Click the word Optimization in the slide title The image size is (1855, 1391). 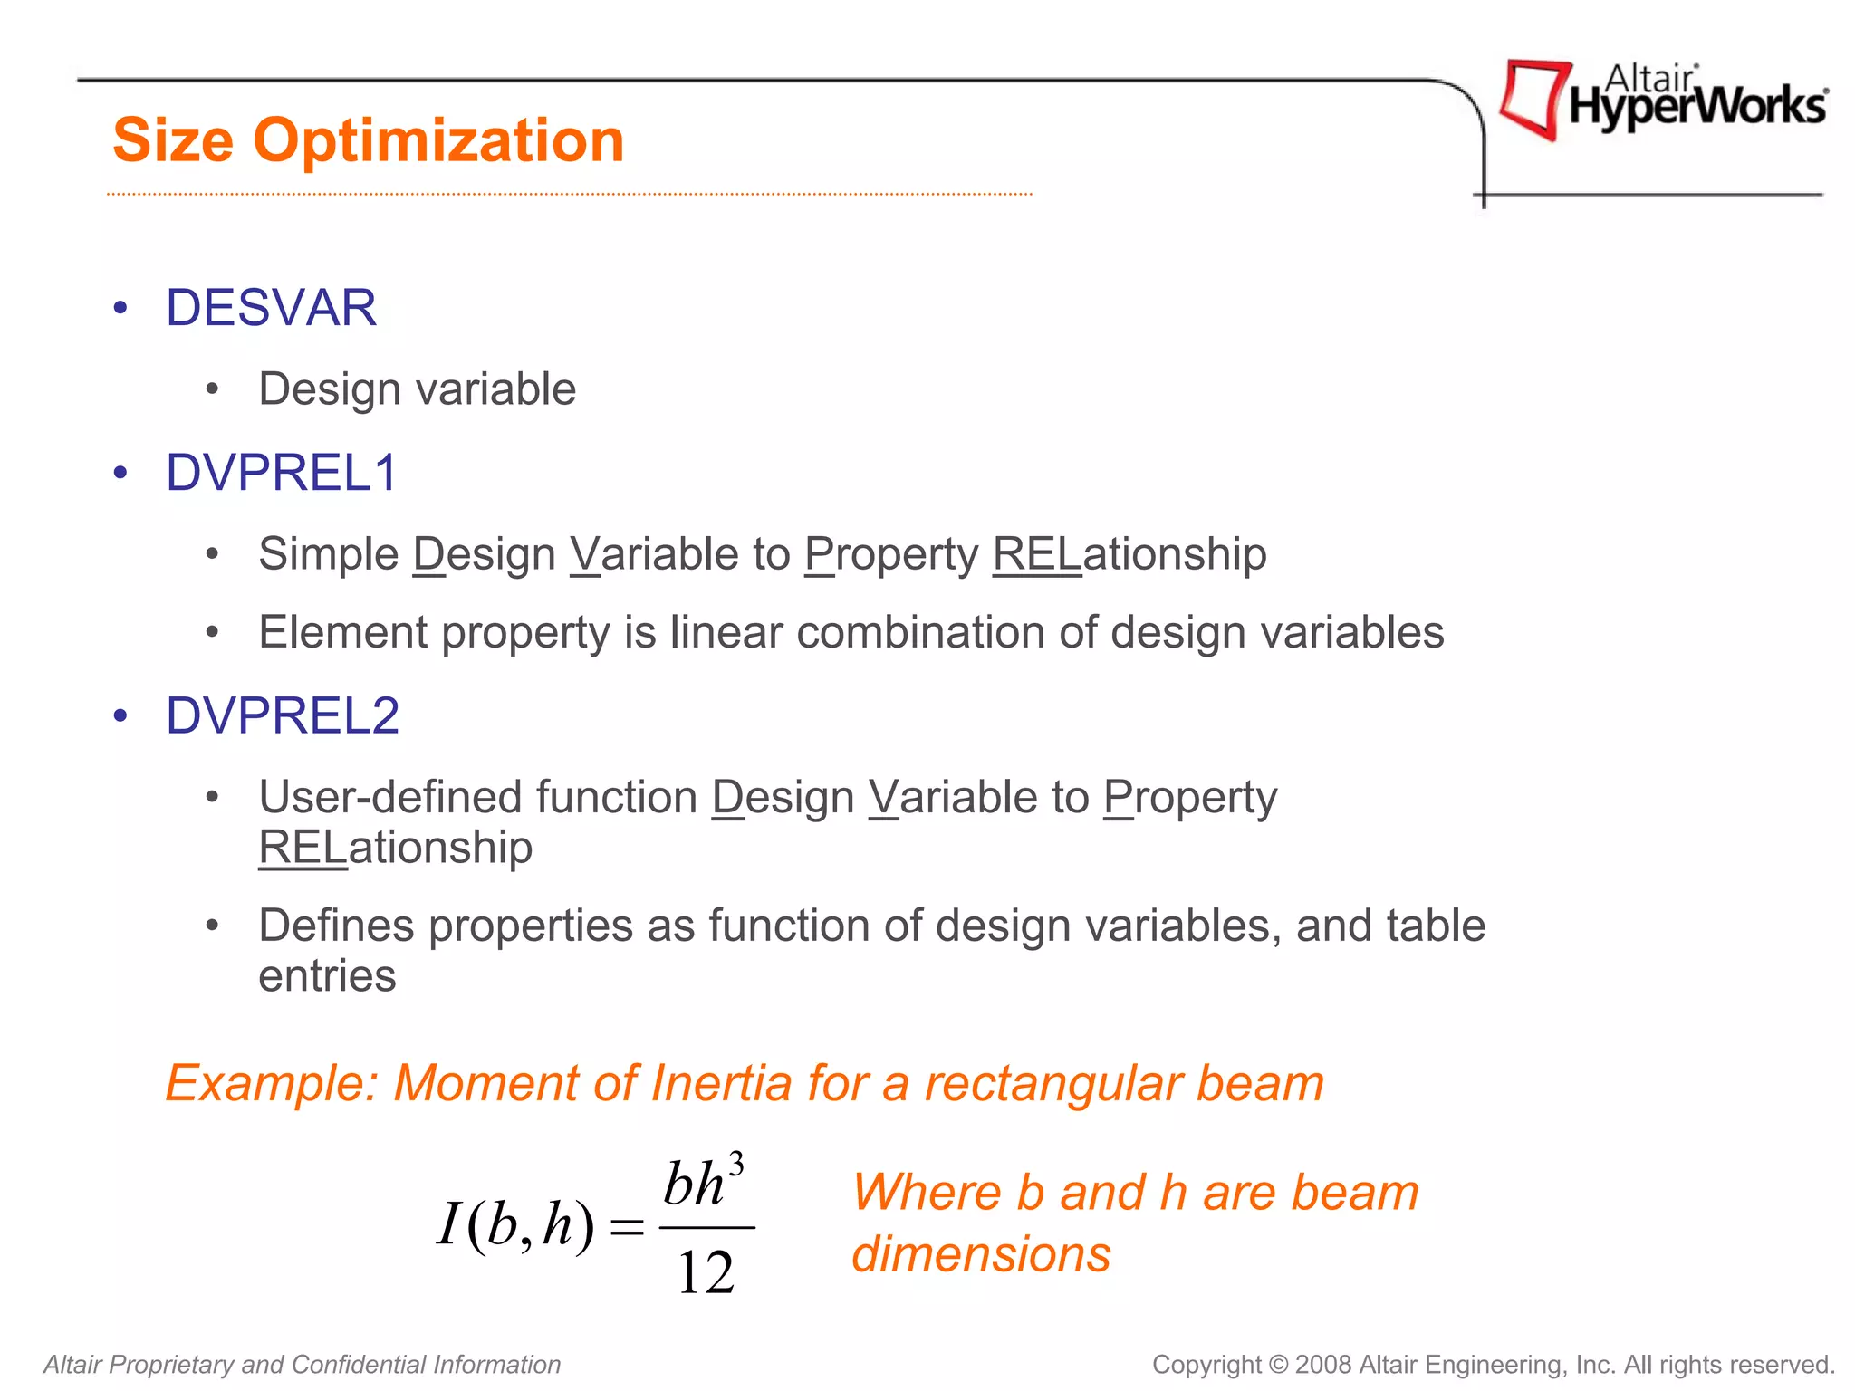(x=438, y=141)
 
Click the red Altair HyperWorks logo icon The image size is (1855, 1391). (x=1533, y=99)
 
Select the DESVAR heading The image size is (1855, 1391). (x=271, y=308)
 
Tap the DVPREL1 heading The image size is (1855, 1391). (x=282, y=473)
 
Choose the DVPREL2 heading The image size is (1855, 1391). (x=283, y=716)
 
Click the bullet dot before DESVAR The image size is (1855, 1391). (x=120, y=309)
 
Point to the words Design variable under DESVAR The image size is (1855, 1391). (x=417, y=389)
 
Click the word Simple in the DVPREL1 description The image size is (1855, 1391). (x=328, y=554)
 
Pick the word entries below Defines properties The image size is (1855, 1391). (x=327, y=976)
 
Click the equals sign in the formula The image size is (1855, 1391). (x=627, y=1228)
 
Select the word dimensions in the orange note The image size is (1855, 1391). (x=981, y=1255)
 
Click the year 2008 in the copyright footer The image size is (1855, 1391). (x=1323, y=1365)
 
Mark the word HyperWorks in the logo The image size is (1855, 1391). (x=1697, y=108)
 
